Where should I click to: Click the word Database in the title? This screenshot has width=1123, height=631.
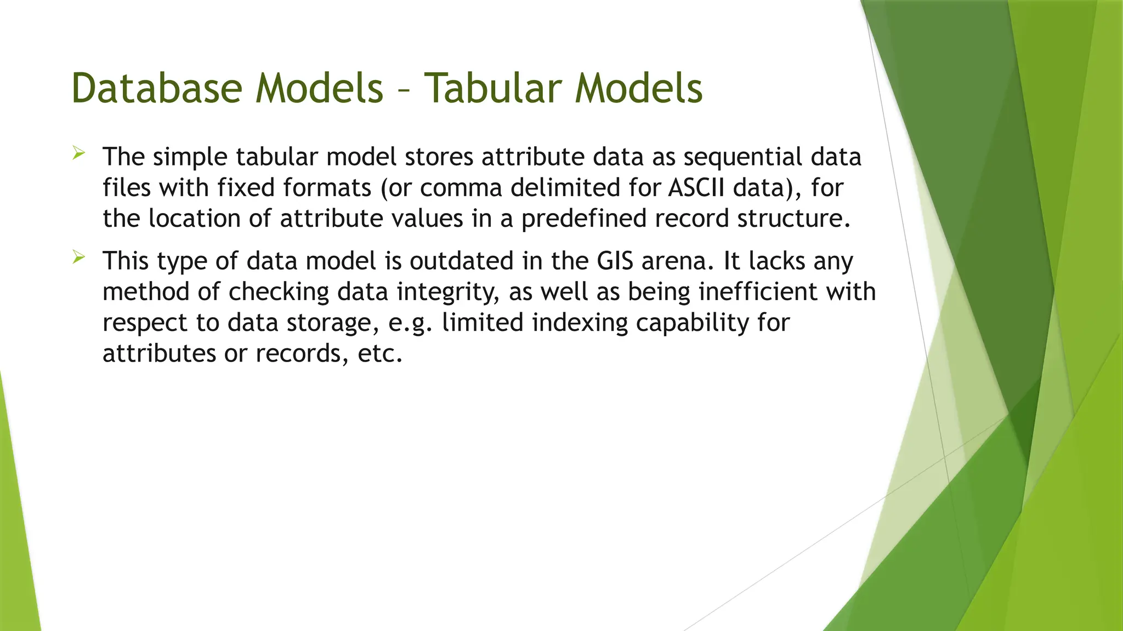point(157,88)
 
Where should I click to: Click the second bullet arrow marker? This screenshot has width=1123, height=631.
point(78,257)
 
